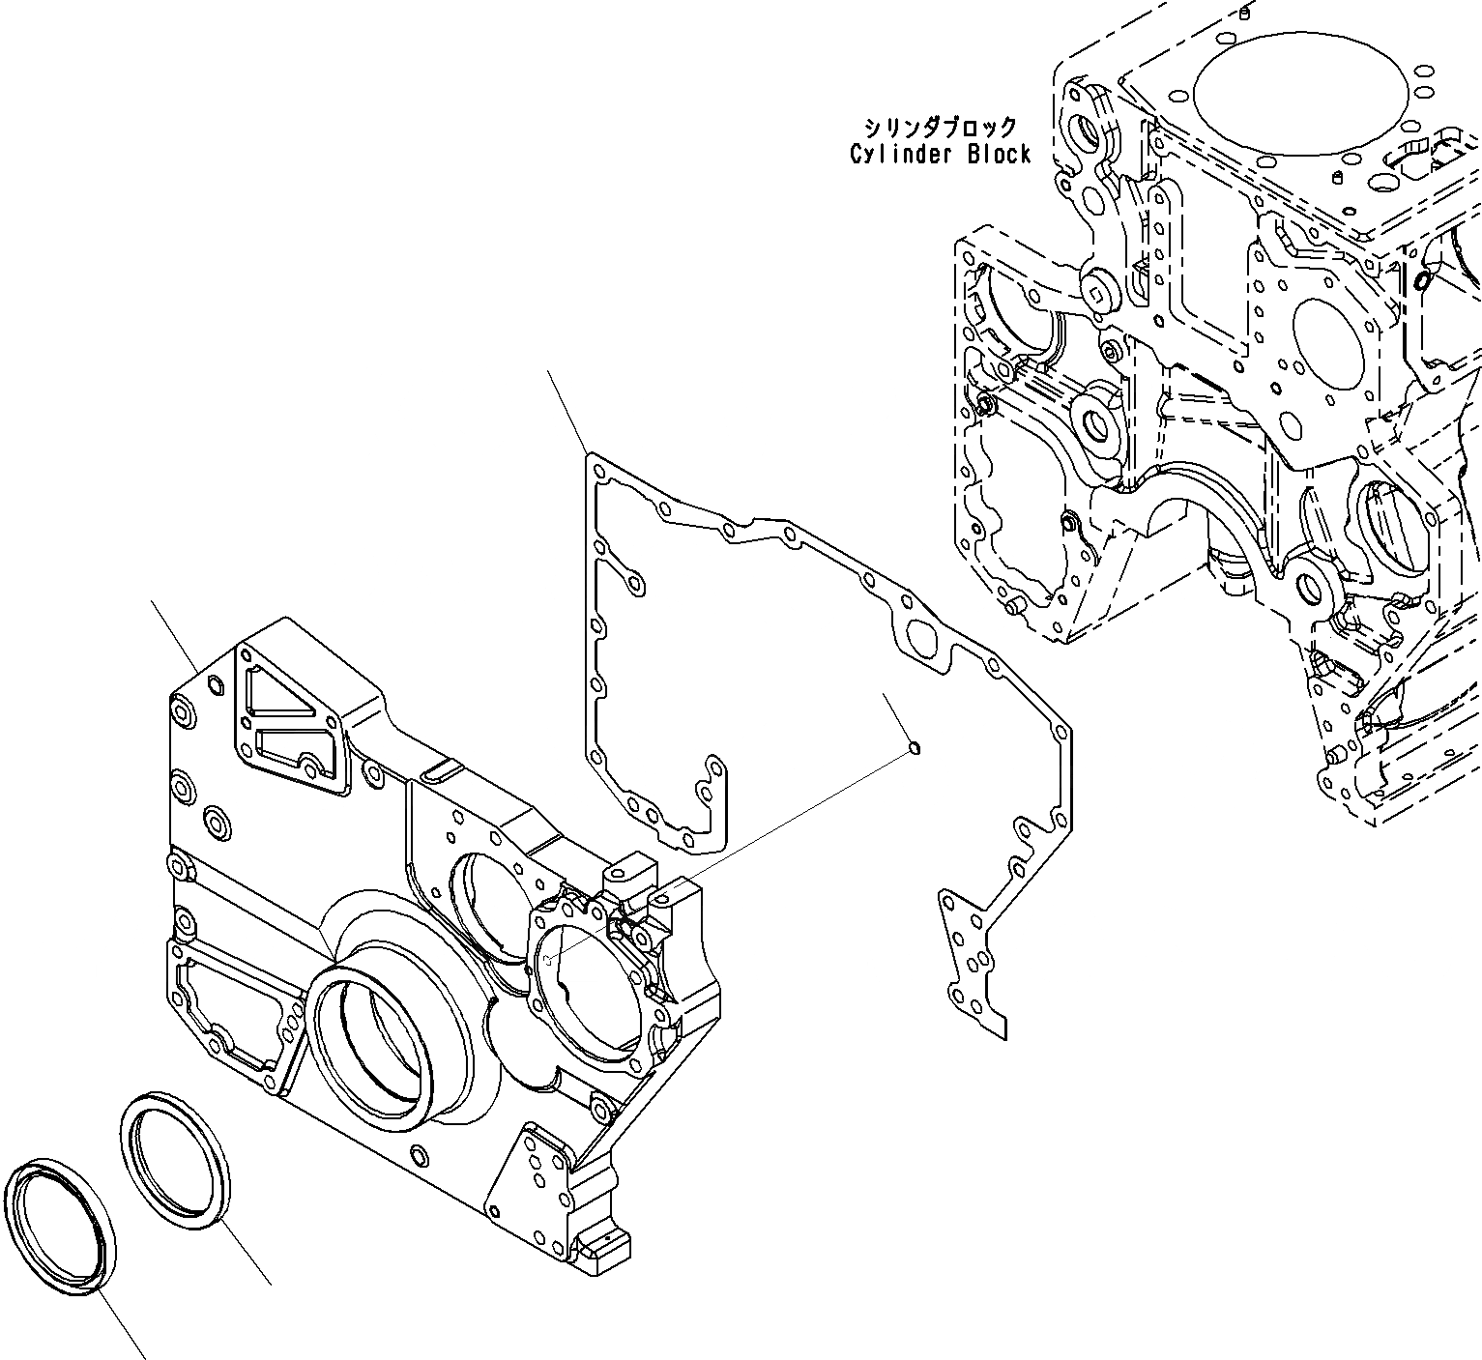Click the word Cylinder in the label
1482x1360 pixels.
click(903, 155)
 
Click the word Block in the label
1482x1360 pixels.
click(1000, 155)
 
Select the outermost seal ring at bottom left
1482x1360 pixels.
click(60, 1227)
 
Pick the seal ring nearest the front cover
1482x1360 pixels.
click(178, 1160)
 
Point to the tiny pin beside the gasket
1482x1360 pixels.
click(915, 746)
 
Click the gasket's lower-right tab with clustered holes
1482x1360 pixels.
click(970, 966)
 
